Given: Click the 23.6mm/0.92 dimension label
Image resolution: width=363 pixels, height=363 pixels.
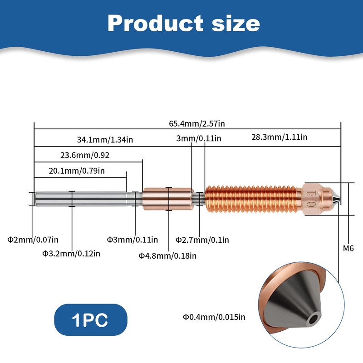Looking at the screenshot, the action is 85,155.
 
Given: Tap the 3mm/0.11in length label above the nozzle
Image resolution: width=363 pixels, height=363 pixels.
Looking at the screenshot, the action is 199,138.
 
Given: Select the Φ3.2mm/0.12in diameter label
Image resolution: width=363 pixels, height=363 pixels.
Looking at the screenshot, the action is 71,253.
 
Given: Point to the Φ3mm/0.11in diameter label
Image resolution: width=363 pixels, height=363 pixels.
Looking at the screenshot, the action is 132,239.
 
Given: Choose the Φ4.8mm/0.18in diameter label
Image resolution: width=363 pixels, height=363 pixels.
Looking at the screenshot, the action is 167,255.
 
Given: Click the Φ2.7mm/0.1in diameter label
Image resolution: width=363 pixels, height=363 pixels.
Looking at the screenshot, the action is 202,239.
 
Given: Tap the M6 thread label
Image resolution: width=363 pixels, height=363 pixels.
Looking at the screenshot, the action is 348,248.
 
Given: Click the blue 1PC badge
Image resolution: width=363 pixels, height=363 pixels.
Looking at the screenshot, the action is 90,319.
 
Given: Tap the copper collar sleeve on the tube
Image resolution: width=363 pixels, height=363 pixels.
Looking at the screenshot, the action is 168,199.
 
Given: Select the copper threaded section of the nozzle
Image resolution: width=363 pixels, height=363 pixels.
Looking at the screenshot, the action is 252,199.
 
